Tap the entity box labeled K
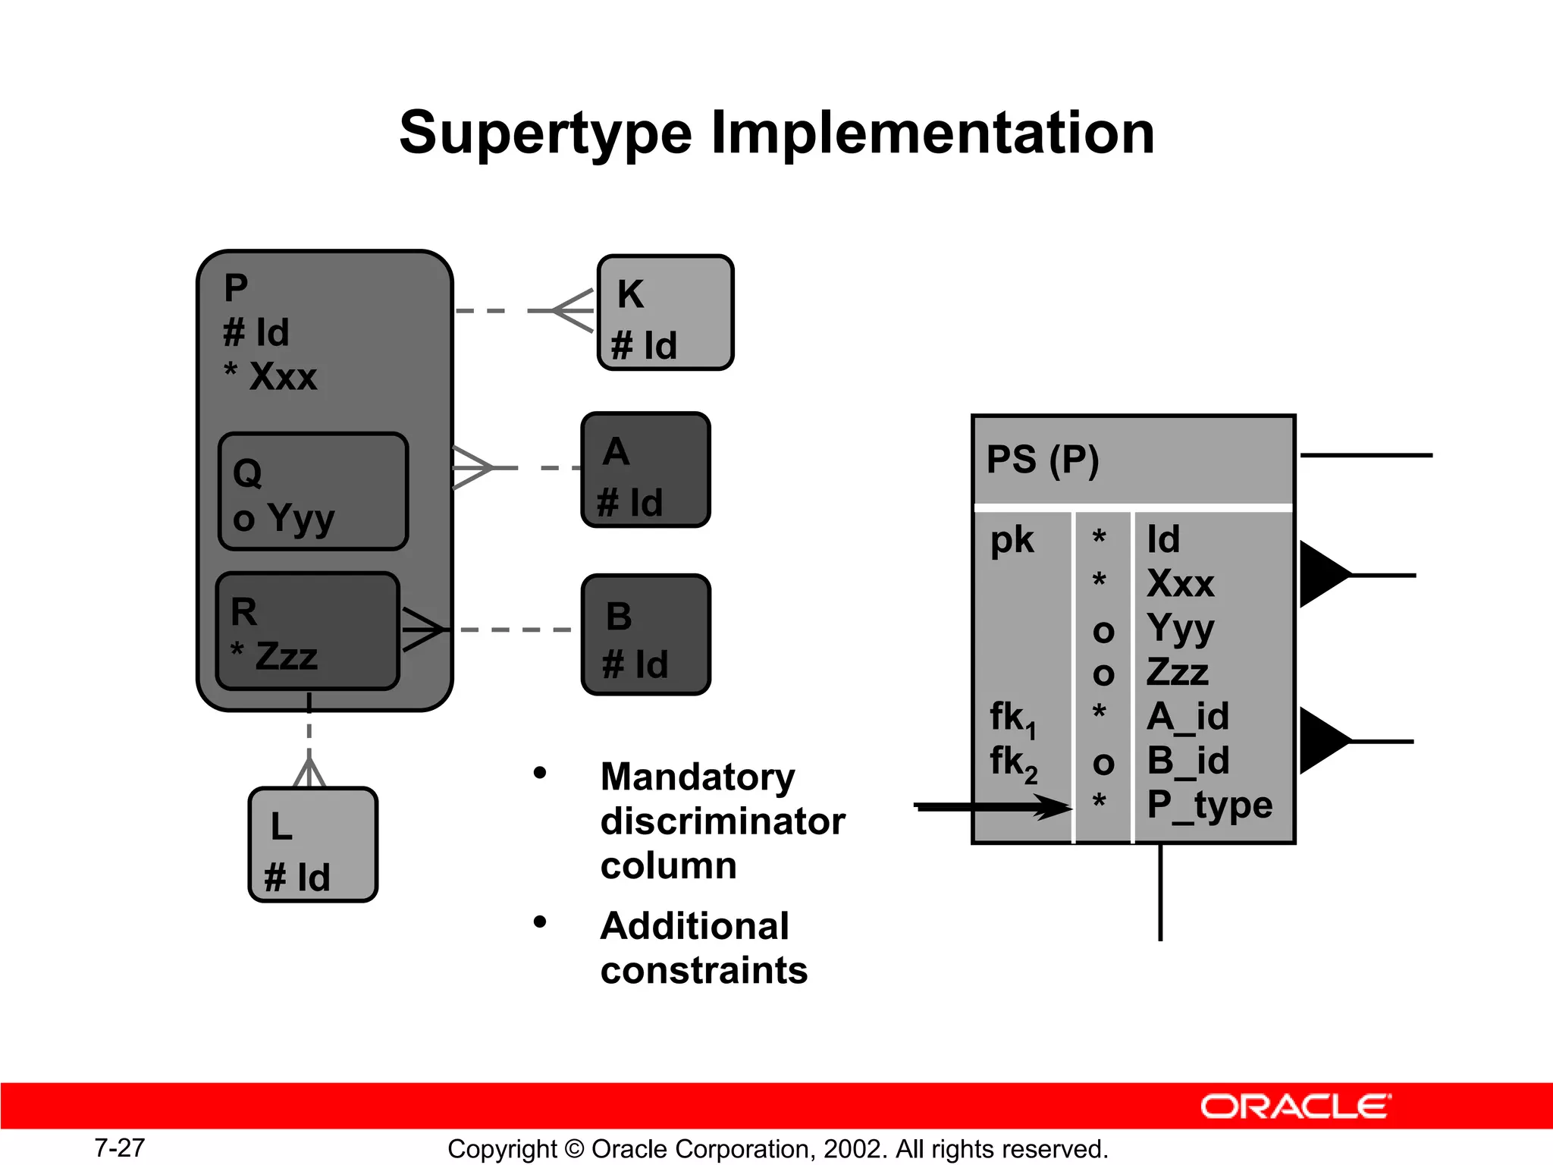point(665,312)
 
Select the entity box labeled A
point(645,469)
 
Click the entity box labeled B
point(645,635)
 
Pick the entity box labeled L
point(312,845)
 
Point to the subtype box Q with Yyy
point(312,491)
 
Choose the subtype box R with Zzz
point(307,631)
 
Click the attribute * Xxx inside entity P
point(271,376)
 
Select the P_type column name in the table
point(1209,805)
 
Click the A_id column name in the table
point(1187,717)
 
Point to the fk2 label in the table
point(1013,762)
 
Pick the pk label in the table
point(1012,540)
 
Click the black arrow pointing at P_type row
point(993,807)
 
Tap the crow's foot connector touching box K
point(573,311)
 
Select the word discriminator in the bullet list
point(722,821)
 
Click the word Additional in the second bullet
point(695,926)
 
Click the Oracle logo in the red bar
point(1295,1107)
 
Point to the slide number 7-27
point(119,1148)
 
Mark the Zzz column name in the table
point(1177,673)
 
